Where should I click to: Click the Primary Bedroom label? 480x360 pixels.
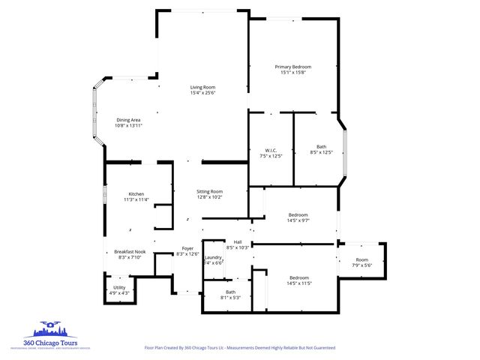coord(292,67)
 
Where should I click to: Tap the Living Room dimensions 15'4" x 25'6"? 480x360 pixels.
coord(202,93)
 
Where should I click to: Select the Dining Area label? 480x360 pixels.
coord(128,120)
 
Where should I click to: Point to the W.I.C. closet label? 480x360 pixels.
coord(272,148)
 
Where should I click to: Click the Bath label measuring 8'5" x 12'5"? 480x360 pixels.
coord(321,146)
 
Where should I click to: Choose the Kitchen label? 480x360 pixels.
coord(136,193)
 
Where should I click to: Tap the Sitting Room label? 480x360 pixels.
coord(210,191)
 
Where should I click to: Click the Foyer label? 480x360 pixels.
coord(188,248)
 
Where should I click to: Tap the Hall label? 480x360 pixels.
coord(238,241)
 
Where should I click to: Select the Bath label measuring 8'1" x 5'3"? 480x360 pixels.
coord(230,292)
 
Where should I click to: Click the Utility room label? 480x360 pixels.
coord(120,287)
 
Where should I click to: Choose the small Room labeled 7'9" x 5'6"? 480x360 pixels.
coord(362,260)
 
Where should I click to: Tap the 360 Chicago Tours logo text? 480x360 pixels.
coord(55,343)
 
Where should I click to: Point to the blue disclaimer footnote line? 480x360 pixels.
coord(239,348)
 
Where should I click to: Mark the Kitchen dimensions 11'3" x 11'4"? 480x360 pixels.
coord(136,199)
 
